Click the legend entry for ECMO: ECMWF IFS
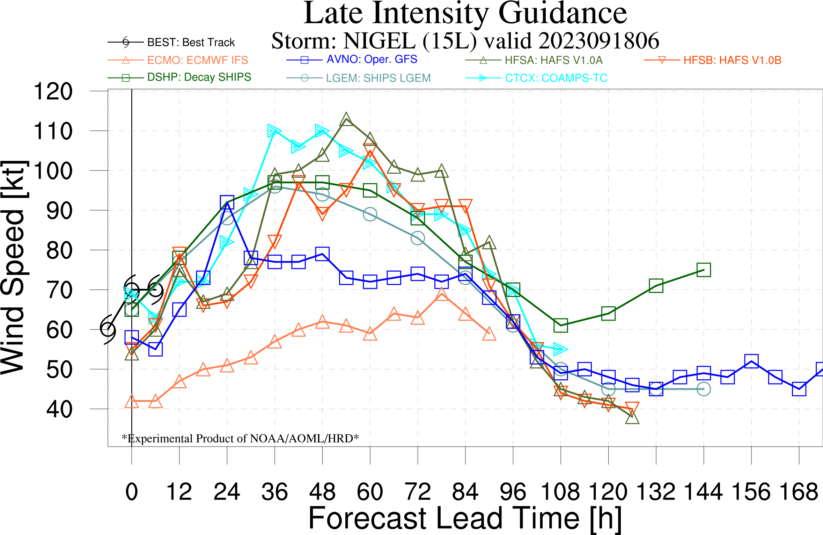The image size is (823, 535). click(x=197, y=60)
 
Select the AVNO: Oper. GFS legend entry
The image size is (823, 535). click(x=372, y=59)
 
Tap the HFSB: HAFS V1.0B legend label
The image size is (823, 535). click(x=732, y=60)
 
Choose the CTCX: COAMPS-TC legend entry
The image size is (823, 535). click(x=556, y=78)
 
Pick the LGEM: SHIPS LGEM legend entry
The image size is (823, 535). click(x=378, y=78)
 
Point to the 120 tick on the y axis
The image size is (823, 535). click(x=53, y=91)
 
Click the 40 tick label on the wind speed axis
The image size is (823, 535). click(x=59, y=410)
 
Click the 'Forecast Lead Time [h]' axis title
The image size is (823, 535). click(x=465, y=519)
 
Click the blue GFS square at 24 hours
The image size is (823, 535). click(x=227, y=202)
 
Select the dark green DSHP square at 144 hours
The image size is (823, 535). click(x=704, y=270)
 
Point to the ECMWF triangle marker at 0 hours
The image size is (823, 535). click(x=132, y=402)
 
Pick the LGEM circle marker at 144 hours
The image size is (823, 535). click(x=704, y=389)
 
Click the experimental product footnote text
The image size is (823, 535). click(x=240, y=438)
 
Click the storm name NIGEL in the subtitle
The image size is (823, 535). click(x=379, y=41)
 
